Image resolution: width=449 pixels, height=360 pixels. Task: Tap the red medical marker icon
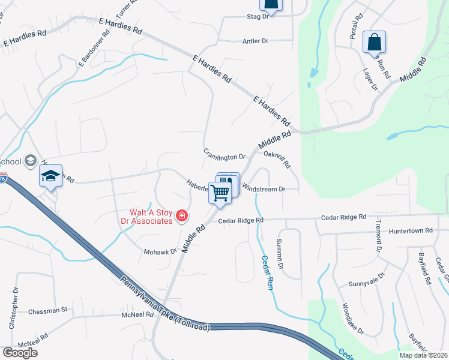coord(182,216)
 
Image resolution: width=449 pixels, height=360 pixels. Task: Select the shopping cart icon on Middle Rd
coord(220,193)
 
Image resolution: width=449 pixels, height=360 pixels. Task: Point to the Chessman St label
coord(47,311)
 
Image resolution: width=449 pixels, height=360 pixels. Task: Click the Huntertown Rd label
coord(427,230)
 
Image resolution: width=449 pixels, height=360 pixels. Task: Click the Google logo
coord(20,353)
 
